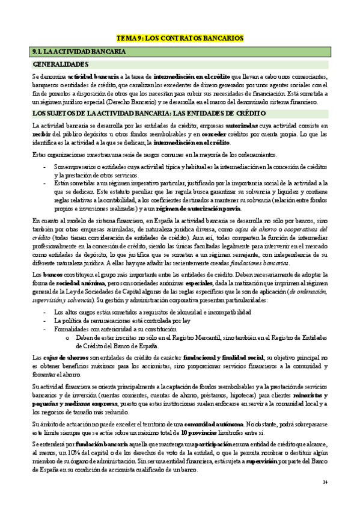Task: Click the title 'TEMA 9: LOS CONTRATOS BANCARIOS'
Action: pos(180,38)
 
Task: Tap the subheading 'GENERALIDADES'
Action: pos(61,64)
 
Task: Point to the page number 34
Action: pos(325,482)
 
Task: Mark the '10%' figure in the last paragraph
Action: pos(75,453)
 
